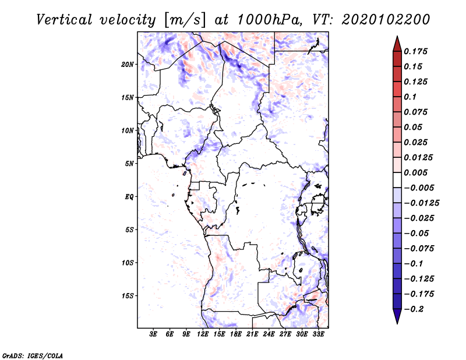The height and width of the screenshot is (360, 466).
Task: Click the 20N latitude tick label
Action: click(x=127, y=65)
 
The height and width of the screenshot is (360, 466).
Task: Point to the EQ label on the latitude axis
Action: click(x=129, y=197)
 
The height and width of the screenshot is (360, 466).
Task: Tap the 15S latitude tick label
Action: click(x=127, y=296)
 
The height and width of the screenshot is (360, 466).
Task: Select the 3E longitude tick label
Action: click(x=153, y=334)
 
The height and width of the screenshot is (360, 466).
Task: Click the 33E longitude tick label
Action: click(x=318, y=334)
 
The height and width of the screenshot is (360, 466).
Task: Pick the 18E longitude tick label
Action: click(x=236, y=334)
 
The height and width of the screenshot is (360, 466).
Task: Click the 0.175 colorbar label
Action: click(x=415, y=51)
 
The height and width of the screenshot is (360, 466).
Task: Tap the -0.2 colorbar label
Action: click(x=414, y=309)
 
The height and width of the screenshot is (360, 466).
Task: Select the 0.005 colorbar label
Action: click(x=415, y=172)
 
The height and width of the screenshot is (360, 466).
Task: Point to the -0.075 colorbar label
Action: click(x=419, y=249)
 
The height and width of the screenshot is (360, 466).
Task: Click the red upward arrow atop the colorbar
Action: click(x=397, y=44)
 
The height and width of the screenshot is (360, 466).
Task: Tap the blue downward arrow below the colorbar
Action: click(x=397, y=316)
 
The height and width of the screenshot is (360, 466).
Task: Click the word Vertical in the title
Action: click(x=64, y=20)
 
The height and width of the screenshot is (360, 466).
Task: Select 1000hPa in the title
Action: click(x=270, y=20)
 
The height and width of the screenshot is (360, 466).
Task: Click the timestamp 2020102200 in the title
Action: click(x=386, y=20)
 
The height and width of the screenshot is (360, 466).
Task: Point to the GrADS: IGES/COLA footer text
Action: click(x=33, y=355)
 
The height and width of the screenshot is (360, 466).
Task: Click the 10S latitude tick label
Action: click(x=127, y=263)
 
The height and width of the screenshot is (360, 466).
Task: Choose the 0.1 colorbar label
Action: click(x=410, y=97)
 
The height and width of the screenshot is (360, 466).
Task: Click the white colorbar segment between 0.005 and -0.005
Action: click(x=397, y=180)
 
